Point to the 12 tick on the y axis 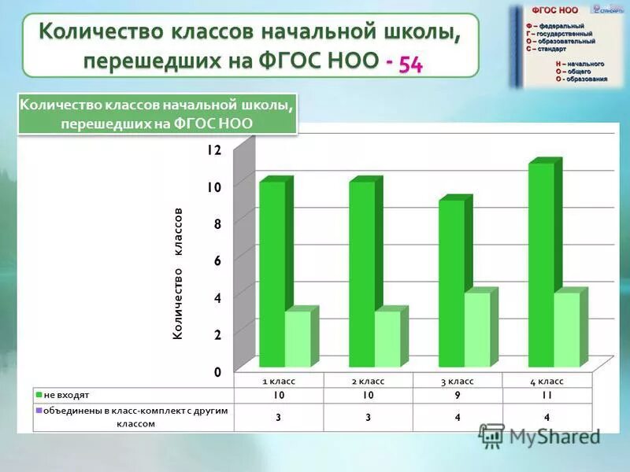coord(215,149)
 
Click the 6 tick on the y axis coord(217,260)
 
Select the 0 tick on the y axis coord(217,371)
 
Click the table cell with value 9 coord(458,396)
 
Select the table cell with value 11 coord(547,396)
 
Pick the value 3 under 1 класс coord(278,417)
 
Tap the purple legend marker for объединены coord(38,411)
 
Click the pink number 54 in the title coord(410,65)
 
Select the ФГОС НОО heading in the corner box coord(555,10)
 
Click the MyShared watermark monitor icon coord(492,435)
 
